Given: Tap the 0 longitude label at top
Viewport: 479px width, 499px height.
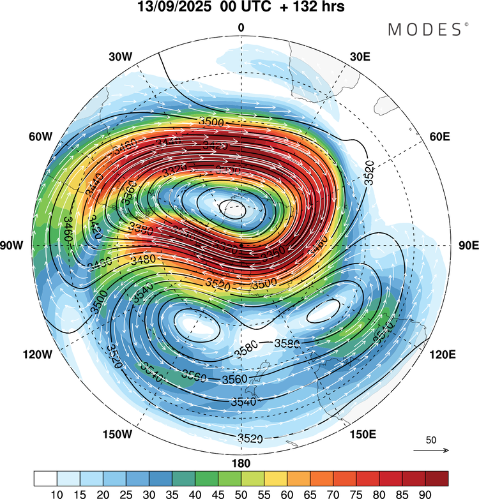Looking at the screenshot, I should (x=241, y=27).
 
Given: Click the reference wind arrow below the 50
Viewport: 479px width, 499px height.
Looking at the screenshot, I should (x=430, y=451).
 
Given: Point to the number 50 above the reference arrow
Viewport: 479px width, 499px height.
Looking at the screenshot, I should (x=430, y=440).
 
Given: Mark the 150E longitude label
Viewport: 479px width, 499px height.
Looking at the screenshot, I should (x=363, y=435).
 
